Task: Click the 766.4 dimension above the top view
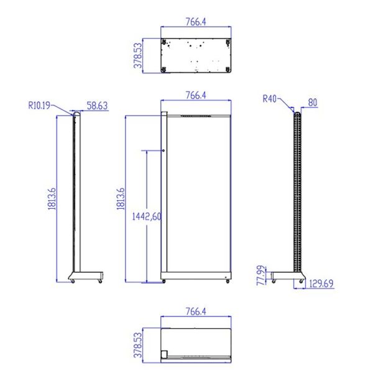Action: pos(195,22)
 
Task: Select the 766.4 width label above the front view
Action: pos(195,95)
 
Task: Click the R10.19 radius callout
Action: pos(40,105)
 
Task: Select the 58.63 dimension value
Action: pos(97,106)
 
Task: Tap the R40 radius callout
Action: pos(269,98)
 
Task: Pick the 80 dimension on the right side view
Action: pos(312,102)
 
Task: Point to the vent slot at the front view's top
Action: pos(196,116)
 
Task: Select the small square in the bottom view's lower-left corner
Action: pos(165,355)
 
